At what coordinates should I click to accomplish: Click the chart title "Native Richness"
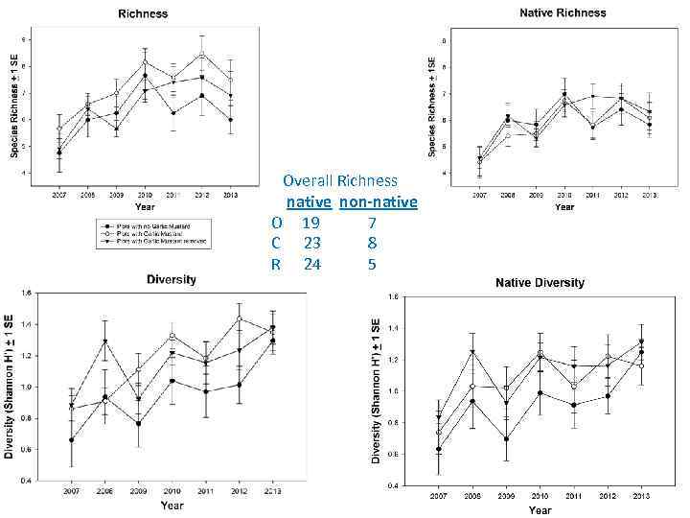pos(563,13)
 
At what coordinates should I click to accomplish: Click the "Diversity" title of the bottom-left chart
pos(172,279)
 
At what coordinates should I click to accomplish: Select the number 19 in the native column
pos(310,223)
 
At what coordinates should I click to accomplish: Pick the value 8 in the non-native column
pos(372,243)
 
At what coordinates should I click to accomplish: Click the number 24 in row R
pos(310,264)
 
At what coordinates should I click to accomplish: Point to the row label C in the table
pos(276,243)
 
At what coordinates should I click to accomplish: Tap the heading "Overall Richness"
pos(340,180)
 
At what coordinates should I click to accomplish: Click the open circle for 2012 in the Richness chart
pos(201,55)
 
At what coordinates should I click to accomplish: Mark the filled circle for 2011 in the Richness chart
pos(173,113)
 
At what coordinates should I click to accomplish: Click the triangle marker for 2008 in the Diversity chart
pos(105,341)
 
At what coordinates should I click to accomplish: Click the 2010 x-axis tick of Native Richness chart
pos(564,195)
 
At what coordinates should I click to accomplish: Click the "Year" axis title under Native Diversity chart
pos(540,509)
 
